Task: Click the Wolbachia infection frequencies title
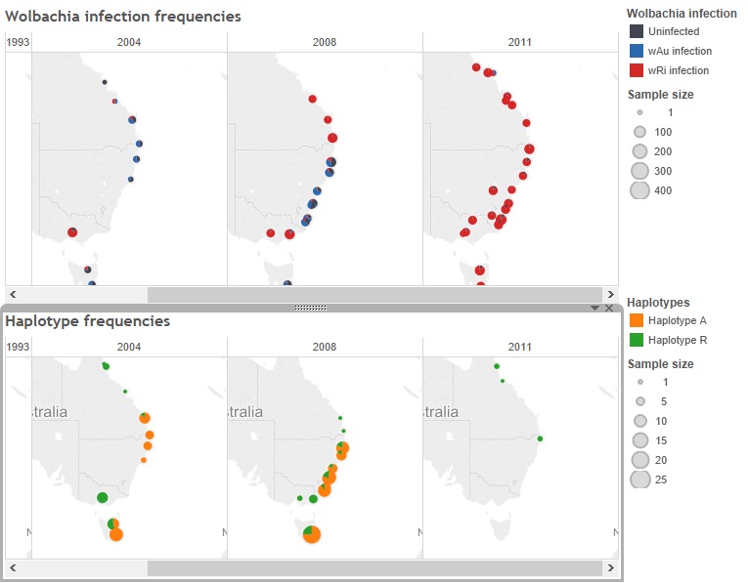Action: click(123, 17)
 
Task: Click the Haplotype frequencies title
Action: click(88, 320)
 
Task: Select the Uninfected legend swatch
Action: click(637, 31)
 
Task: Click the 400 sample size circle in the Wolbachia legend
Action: click(639, 190)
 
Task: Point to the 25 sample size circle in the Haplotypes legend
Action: click(639, 479)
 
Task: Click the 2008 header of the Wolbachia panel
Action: click(325, 42)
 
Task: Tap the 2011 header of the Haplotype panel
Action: click(520, 347)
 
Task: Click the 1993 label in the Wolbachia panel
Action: click(18, 42)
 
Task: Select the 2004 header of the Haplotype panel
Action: click(129, 347)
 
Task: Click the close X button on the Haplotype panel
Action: click(609, 308)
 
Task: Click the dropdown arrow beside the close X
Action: click(594, 308)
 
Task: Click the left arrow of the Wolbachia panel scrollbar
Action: click(13, 294)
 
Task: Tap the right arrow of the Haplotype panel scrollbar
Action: click(610, 567)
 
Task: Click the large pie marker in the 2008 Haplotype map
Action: click(312, 533)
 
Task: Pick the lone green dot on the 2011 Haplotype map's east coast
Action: click(540, 438)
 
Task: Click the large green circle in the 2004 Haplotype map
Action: click(103, 498)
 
